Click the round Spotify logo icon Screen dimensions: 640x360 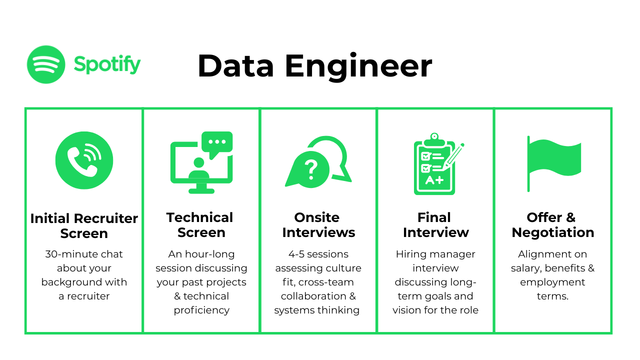click(x=46, y=64)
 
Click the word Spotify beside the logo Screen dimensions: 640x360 click(x=107, y=64)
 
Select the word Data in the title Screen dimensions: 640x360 click(x=235, y=66)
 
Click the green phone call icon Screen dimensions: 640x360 click(x=84, y=160)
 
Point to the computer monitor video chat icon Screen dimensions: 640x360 click(x=201, y=162)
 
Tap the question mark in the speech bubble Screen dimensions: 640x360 click(x=311, y=169)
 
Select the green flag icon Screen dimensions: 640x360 click(x=554, y=163)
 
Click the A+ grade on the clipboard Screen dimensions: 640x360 click(x=434, y=180)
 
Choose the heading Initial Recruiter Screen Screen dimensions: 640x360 click(x=84, y=226)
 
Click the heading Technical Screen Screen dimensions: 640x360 click(x=200, y=225)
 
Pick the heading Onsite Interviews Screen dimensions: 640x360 click(x=318, y=225)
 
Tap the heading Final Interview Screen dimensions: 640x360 click(x=435, y=225)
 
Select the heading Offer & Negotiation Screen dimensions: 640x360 click(x=553, y=225)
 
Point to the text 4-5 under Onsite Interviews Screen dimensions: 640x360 click(x=296, y=254)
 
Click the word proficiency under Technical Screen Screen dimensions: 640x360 click(x=201, y=310)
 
